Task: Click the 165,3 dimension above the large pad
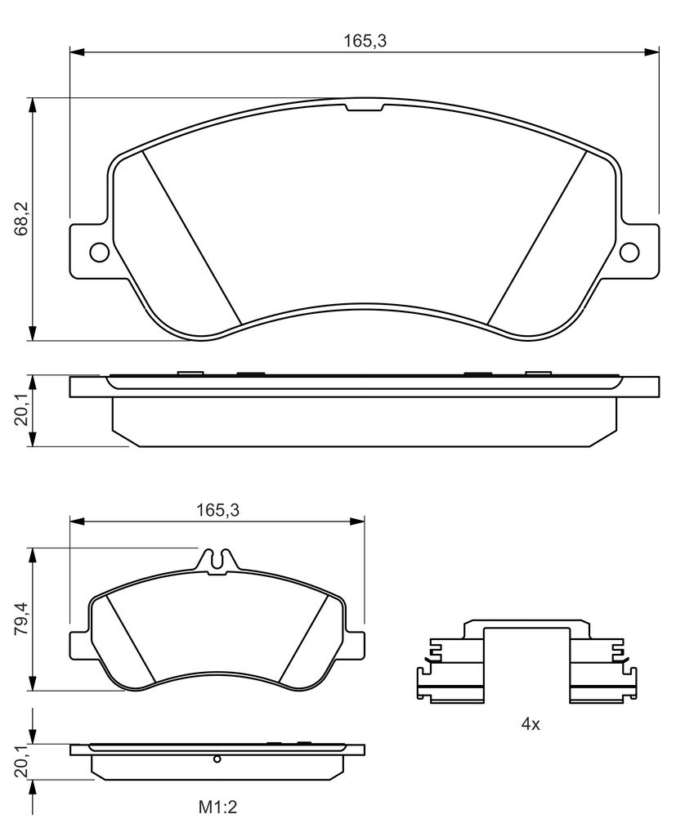click(365, 41)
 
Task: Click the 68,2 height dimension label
click(22, 219)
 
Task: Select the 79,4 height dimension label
click(22, 619)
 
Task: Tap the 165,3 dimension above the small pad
click(218, 510)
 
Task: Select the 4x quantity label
click(531, 724)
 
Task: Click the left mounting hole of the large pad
click(100, 252)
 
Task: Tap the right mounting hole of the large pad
click(629, 252)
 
